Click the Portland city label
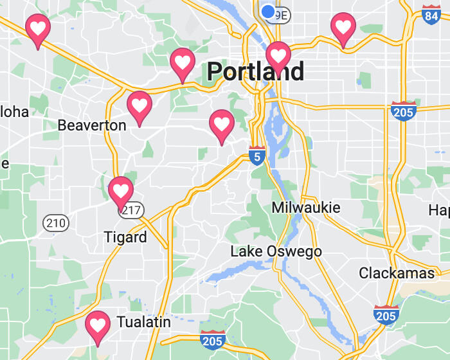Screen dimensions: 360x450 coord(255,71)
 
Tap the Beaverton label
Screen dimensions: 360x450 coord(92,125)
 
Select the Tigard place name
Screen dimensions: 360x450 coord(125,237)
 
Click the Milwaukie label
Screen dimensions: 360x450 coord(306,208)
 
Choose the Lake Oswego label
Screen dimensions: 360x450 coord(276,251)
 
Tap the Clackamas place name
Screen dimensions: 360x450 coord(397,273)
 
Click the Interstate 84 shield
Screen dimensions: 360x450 coord(431,15)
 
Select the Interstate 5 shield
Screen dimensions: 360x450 coord(257,155)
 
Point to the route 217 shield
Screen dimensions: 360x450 coord(134,210)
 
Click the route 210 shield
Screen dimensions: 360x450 coord(56,223)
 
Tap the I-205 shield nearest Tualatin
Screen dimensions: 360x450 coord(212,339)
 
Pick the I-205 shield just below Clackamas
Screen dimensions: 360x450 coord(386,315)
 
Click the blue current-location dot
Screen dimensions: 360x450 coord(268,11)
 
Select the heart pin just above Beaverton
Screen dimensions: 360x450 coord(139,104)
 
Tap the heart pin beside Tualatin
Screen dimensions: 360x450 coord(98,325)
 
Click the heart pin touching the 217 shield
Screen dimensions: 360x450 coord(121,190)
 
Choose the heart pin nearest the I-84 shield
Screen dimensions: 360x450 coord(344,27)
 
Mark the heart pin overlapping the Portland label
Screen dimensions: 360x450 coord(278,55)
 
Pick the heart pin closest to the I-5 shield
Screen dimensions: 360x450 coord(222,123)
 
